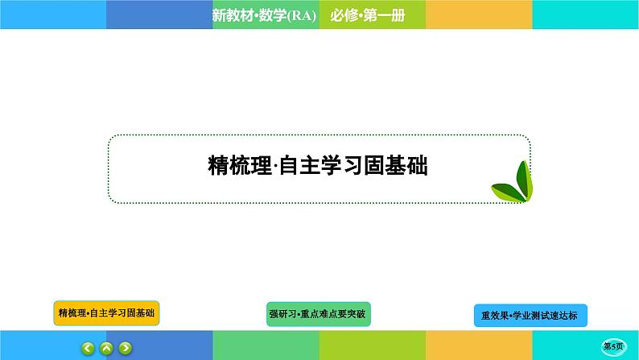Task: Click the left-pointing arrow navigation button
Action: [88, 348]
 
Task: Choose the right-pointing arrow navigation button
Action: [125, 348]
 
